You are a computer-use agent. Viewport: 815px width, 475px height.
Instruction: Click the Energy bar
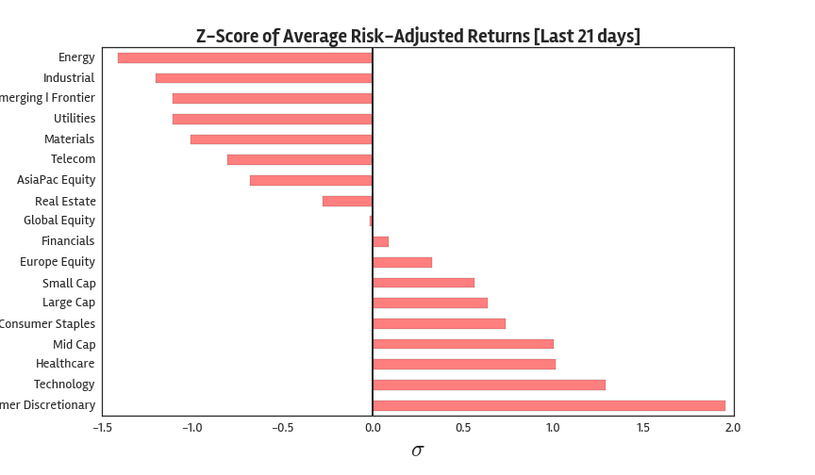coord(245,57)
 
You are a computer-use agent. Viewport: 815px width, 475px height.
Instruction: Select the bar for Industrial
coord(264,78)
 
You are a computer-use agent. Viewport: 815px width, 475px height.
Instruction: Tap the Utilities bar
coord(273,119)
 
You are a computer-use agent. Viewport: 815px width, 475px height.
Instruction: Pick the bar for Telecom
coord(300,159)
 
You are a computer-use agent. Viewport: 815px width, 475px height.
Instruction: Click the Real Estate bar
coord(347,201)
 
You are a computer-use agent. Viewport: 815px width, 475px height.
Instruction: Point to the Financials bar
coord(380,241)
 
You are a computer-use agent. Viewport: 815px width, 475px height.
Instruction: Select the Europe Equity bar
coord(402,262)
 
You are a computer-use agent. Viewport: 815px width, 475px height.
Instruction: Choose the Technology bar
coord(489,385)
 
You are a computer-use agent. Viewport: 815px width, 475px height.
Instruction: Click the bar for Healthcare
coord(463,364)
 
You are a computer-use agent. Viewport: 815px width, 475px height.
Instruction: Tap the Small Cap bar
coord(424,283)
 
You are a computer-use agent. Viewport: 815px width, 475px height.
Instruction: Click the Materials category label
coord(69,139)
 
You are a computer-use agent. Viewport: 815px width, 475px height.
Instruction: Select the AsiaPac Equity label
coord(56,180)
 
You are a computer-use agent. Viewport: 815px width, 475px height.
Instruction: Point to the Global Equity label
coord(59,221)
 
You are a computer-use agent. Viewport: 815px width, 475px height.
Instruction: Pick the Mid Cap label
coord(74,344)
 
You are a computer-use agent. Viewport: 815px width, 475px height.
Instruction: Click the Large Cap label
coord(69,303)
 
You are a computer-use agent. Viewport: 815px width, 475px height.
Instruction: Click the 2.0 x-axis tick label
coord(733,428)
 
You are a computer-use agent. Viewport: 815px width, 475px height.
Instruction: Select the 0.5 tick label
coord(462,428)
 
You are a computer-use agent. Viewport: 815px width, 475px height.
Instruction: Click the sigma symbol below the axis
coord(418,450)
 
